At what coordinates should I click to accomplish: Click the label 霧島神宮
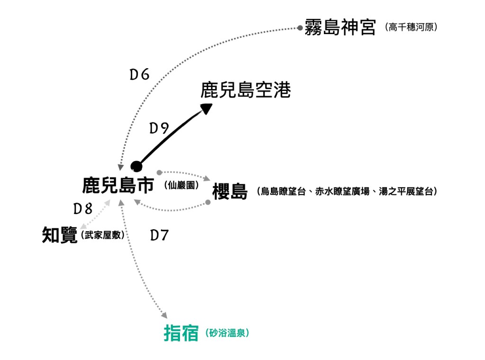coord(341,27)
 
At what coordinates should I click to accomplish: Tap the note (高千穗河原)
coord(411,27)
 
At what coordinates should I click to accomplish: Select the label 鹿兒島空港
coord(245,90)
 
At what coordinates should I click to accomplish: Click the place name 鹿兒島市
coord(118,185)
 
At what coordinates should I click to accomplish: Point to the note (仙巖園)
coord(181,186)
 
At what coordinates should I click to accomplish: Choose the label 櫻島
coord(230,191)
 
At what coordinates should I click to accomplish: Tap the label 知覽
coord(60,235)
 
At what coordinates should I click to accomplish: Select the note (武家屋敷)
coord(103,235)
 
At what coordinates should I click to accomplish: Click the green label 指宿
coord(181,333)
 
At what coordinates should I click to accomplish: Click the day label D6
coord(140,75)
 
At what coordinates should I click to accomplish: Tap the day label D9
coord(159,128)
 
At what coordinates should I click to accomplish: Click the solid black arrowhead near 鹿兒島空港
coord(207,108)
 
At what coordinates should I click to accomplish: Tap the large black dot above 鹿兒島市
coord(136,166)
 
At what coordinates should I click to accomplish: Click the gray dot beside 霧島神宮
coord(300,28)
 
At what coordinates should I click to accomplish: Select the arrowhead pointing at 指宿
coord(164,315)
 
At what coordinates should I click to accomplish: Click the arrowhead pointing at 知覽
coord(83,227)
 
